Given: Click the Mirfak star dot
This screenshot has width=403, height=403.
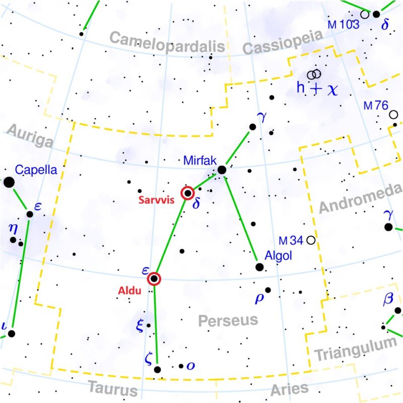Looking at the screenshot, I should (x=222, y=170).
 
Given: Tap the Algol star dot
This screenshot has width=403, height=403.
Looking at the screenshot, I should (x=259, y=267).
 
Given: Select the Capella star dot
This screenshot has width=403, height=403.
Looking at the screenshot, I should (x=9, y=182).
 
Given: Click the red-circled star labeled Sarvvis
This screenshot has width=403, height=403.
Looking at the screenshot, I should (x=187, y=193).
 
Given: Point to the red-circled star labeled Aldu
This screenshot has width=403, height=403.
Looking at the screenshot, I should (x=154, y=279).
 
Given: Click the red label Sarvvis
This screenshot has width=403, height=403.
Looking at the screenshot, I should (x=157, y=199).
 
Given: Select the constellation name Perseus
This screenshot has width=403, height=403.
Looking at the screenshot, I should (x=228, y=320).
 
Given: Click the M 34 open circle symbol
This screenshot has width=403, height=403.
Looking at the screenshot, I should (x=311, y=240).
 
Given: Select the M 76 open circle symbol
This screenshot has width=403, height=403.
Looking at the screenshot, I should (x=393, y=114).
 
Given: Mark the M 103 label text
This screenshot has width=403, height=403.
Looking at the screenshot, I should (x=344, y=24).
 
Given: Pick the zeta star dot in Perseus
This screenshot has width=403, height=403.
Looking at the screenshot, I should (x=157, y=370).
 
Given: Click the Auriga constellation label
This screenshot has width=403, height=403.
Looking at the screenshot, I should (x=30, y=137).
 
